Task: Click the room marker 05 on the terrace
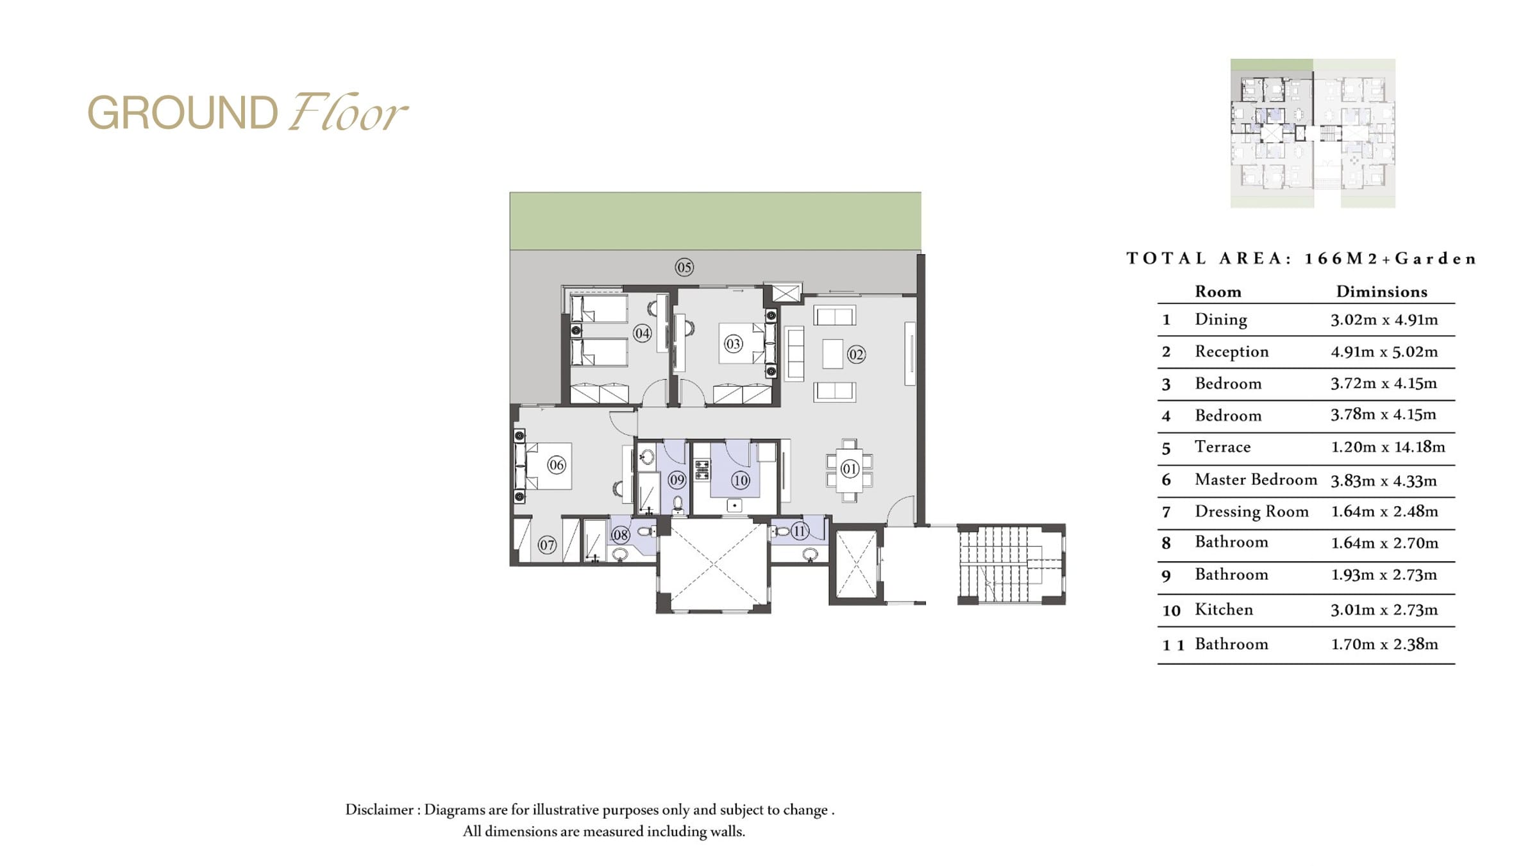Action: coord(684,267)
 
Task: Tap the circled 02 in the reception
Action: coord(856,354)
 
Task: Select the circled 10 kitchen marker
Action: coord(741,480)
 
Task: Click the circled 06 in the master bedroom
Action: coord(557,465)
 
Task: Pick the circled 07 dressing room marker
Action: coord(547,545)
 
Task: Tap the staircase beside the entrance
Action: coord(1011,565)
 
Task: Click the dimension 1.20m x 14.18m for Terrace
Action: coord(1388,446)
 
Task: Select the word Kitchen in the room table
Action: coord(1224,609)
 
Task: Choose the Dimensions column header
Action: coord(1382,291)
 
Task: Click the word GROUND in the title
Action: coord(183,113)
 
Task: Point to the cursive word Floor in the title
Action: coord(347,113)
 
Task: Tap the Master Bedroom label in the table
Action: coord(1256,479)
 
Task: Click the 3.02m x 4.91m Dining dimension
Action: coord(1384,319)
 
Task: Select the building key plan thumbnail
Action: coord(1313,133)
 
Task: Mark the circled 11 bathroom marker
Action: coord(799,531)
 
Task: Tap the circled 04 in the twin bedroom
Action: coord(642,333)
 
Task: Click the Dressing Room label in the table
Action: coord(1252,511)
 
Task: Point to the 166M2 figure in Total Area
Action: coord(1340,259)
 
